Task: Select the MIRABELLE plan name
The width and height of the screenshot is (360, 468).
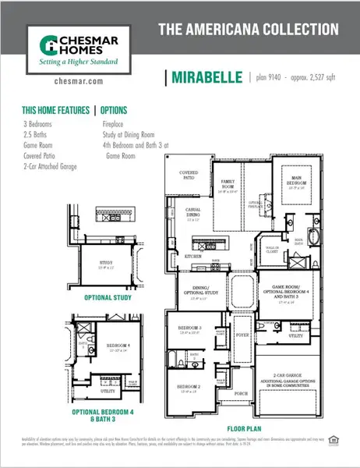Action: pyautogui.click(x=205, y=78)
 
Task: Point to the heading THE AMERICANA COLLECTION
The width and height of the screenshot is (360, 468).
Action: pyautogui.click(x=248, y=30)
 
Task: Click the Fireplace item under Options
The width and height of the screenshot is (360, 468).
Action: pyautogui.click(x=117, y=123)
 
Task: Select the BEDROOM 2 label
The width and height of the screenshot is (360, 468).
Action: pyautogui.click(x=189, y=387)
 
